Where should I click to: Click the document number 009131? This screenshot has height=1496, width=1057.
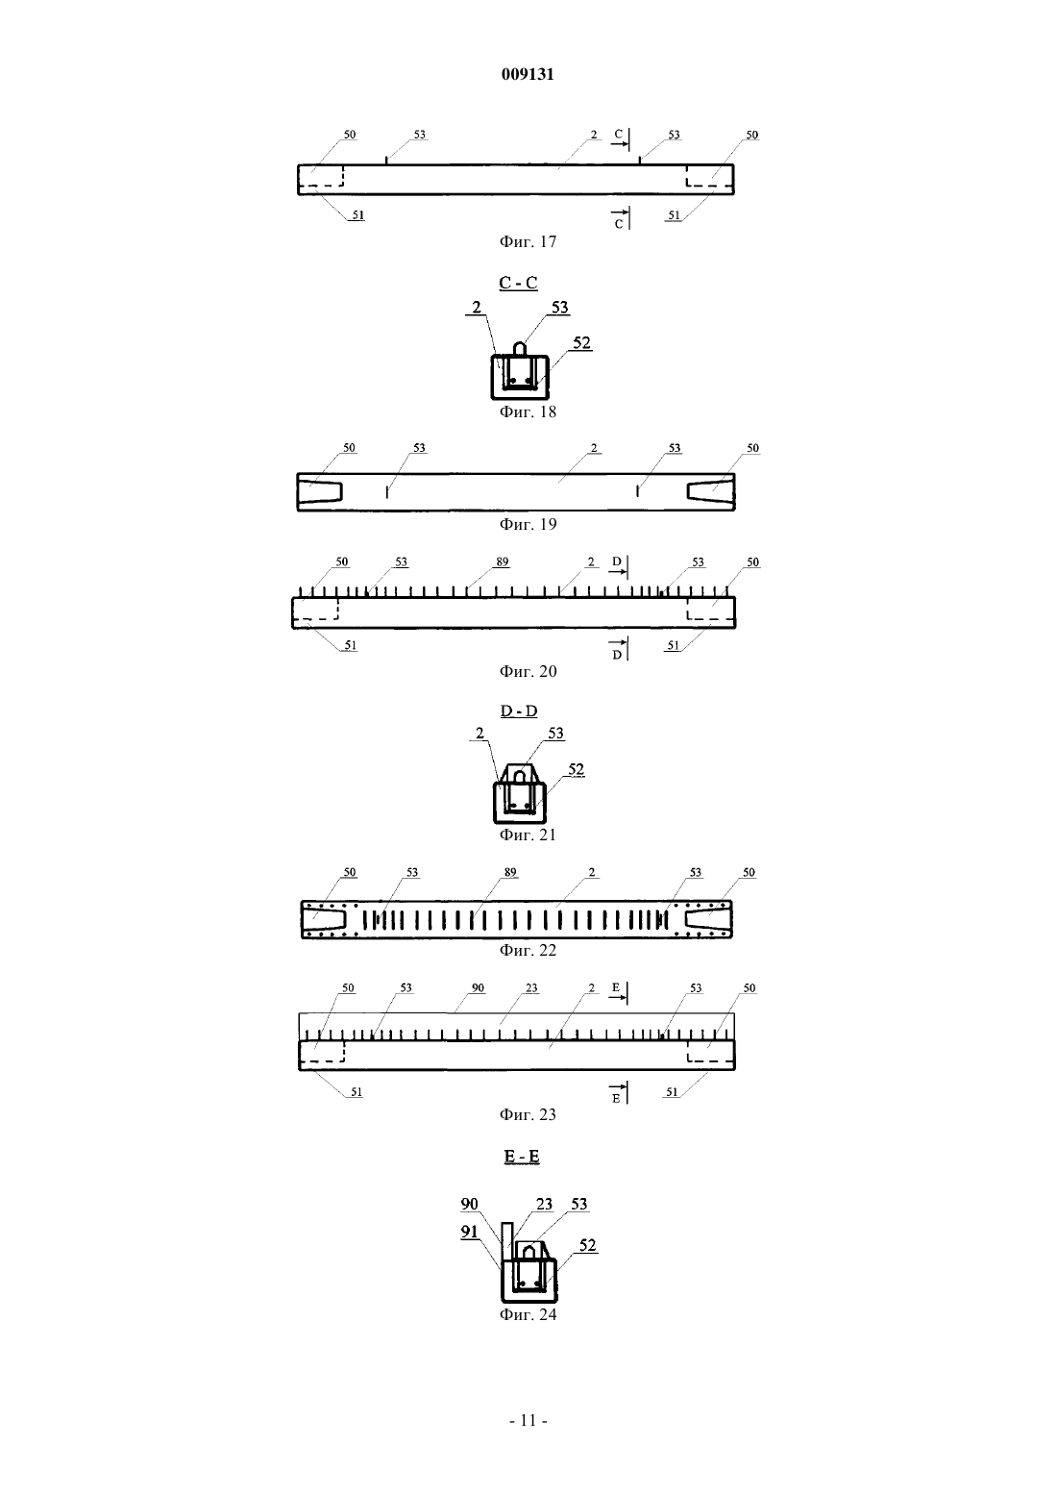tap(528, 74)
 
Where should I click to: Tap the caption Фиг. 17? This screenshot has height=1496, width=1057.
tap(528, 241)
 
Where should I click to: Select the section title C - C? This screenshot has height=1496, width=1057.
tap(518, 283)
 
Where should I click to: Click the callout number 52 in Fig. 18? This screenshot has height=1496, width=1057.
tap(582, 342)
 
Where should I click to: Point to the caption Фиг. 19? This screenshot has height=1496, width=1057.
tap(528, 524)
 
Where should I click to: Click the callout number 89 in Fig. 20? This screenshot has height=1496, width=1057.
tap(503, 562)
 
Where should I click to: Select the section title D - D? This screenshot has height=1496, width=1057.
tap(519, 711)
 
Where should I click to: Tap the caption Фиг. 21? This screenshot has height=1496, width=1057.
tap(528, 835)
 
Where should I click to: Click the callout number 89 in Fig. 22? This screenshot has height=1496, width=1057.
tap(510, 872)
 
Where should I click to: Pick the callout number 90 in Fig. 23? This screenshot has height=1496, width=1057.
tap(478, 987)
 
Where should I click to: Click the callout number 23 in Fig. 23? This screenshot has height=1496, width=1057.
tap(531, 987)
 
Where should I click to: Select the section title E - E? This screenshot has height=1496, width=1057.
tap(521, 1156)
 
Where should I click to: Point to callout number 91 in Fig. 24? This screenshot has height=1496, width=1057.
tap(470, 1232)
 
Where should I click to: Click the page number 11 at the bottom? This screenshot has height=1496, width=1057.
tap(528, 1421)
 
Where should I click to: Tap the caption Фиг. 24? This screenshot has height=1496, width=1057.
tap(528, 1314)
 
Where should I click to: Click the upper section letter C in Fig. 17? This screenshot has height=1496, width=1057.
tap(618, 135)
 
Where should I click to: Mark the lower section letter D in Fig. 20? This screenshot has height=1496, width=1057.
tap(617, 655)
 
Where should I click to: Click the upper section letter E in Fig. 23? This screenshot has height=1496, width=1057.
tap(616, 987)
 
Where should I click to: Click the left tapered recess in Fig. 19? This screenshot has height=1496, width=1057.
tap(320, 492)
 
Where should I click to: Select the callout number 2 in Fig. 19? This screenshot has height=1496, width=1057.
tap(594, 448)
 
